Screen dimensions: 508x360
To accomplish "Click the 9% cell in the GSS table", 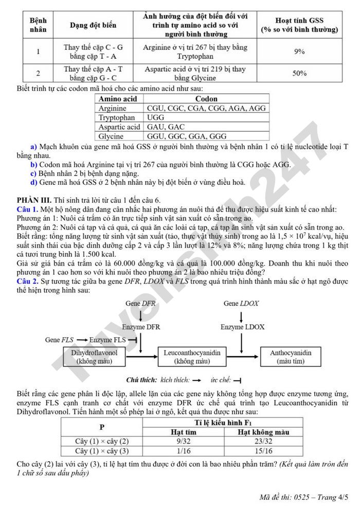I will coord(299,51).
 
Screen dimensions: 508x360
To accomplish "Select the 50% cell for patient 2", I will coord(299,73).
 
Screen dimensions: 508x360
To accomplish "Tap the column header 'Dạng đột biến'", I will coord(93,25).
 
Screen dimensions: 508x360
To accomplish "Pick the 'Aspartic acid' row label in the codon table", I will coord(119,127).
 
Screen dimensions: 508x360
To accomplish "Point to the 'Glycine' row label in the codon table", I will coord(111,136).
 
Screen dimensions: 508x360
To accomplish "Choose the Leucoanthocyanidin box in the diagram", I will coord(192,357).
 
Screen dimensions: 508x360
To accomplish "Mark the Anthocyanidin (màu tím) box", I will coord(291,357).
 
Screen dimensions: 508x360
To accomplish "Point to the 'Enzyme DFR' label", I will coord(141,327).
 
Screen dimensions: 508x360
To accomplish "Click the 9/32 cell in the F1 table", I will coord(184,441).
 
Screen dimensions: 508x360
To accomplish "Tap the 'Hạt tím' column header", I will coord(184,432).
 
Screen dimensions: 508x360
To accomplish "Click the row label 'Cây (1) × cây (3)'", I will coord(102,451).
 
